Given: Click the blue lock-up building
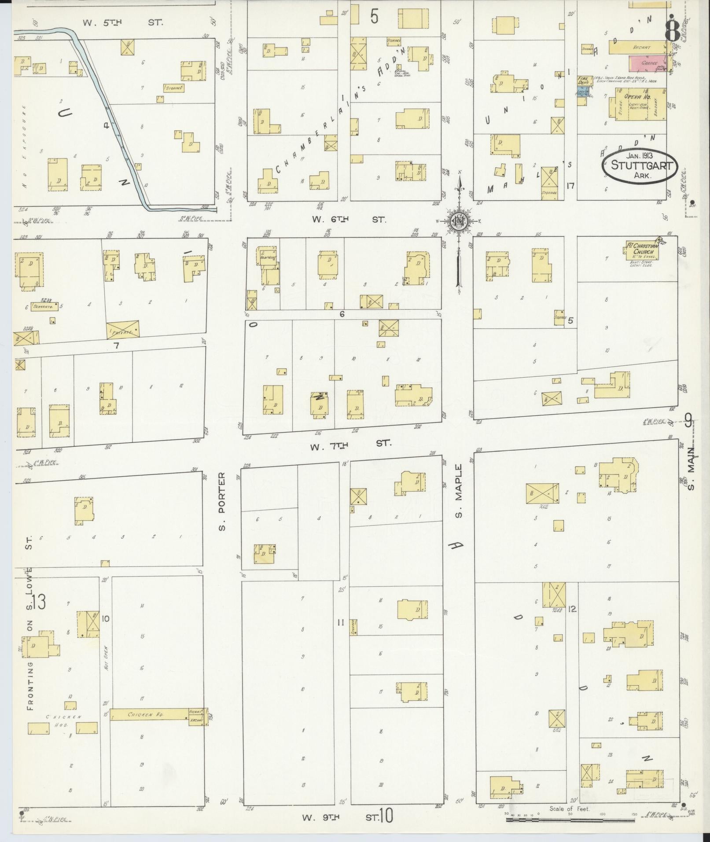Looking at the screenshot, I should (583, 92).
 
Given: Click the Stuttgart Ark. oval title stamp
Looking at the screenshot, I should (640, 166).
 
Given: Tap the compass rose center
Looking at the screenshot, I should (458, 221).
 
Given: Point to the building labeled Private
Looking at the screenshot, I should (123, 329).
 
